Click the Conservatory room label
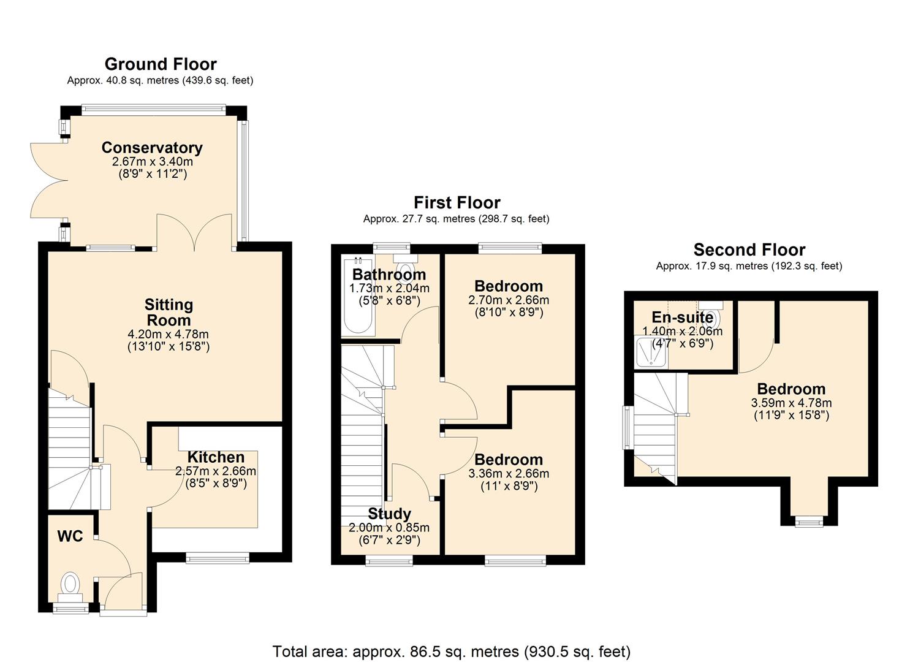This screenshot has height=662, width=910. (x=152, y=148)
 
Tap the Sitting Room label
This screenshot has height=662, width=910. (x=169, y=313)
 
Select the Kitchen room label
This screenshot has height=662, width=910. (x=216, y=457)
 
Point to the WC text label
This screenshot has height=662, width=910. (x=70, y=536)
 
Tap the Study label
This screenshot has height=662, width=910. (x=389, y=514)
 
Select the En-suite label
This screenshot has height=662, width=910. (x=682, y=318)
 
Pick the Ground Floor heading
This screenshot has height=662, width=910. (x=161, y=64)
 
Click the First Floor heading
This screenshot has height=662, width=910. (x=457, y=203)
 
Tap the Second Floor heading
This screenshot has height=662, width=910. (x=749, y=250)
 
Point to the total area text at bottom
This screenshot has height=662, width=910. (x=452, y=651)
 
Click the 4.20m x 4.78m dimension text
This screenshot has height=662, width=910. (x=169, y=335)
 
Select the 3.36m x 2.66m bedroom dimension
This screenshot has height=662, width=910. (x=509, y=474)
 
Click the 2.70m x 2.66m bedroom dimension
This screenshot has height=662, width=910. (x=509, y=300)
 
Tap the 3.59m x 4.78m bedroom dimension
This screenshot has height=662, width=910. (x=791, y=403)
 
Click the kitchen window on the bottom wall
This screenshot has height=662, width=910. (x=218, y=557)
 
